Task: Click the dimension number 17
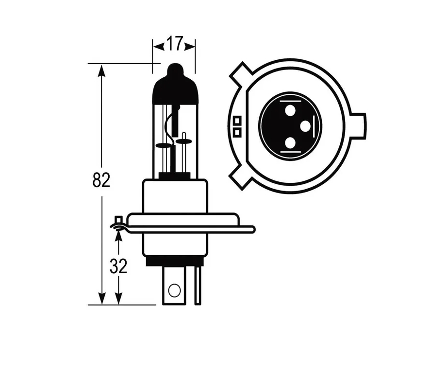[x=174, y=44]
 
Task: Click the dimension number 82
[x=101, y=180]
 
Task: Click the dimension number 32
[x=118, y=266]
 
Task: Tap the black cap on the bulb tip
[x=175, y=85]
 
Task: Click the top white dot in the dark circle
[x=290, y=111]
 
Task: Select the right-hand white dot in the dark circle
[x=305, y=127]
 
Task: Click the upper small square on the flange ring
[x=237, y=121]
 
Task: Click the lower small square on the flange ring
[x=237, y=132]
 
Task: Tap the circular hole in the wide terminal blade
[x=174, y=291]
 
